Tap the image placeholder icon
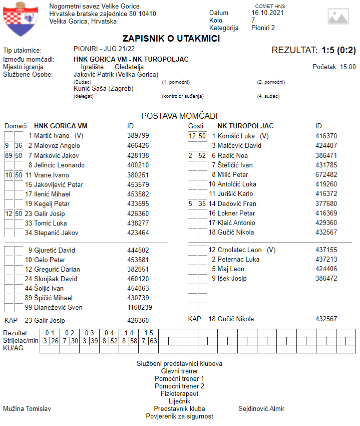point(338,16)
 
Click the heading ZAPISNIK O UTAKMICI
point(171,39)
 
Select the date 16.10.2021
point(269,13)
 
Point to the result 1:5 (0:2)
point(338,50)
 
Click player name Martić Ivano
point(52,136)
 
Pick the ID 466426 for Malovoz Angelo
point(138,145)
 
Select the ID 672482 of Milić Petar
point(326,174)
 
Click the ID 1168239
point(140,307)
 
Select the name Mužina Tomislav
point(27,408)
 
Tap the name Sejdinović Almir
point(261,408)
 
